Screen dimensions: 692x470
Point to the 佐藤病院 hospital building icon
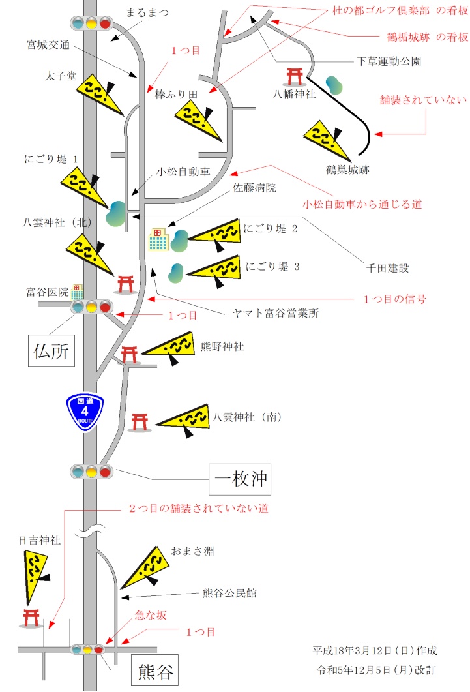coord(158,240)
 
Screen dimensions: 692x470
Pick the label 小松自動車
coord(183,172)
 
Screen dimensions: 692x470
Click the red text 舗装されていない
coord(424,100)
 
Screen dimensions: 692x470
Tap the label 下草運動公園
coord(389,62)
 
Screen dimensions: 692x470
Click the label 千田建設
coord(386,268)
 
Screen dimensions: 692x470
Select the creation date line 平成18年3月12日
coord(375,650)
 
